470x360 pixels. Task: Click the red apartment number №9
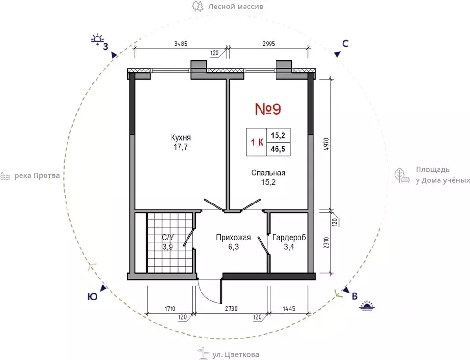pos(268,109)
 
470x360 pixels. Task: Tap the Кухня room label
pos(181,138)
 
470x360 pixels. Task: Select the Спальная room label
pos(268,172)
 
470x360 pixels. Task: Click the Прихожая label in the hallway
pos(233,238)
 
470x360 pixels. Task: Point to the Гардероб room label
pos(289,238)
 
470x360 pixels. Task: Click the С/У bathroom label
pos(168,238)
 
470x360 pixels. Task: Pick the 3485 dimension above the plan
pos(181,44)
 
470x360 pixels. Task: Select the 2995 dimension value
pos(269,44)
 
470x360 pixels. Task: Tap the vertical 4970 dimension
pos(327,144)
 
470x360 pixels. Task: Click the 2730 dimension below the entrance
pos(231,308)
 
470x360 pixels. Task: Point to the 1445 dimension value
pos(289,308)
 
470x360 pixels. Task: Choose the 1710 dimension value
pos(170,308)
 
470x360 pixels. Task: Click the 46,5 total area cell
pos(278,149)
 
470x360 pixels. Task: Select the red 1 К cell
pos(257,142)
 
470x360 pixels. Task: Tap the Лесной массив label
pos(236,6)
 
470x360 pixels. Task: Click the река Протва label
pos(37,176)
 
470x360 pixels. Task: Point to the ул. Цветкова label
pos(236,355)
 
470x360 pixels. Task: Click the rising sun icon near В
pos(367,306)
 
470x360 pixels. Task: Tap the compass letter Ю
pos(92,297)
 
